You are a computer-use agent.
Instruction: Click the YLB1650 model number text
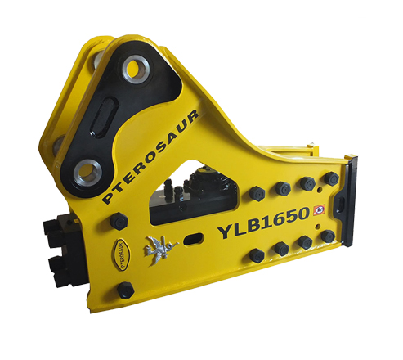pos(263,224)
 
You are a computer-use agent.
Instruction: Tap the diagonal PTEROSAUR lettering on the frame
pos(150,156)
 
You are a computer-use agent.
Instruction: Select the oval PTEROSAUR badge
pos(121,254)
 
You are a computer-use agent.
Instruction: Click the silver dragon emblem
pos(159,250)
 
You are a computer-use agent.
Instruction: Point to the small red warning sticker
pos(319,209)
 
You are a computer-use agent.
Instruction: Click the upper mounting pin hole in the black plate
pos(136,68)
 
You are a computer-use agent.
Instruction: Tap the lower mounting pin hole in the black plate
pos(87,173)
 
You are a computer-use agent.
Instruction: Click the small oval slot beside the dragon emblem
pos(193,239)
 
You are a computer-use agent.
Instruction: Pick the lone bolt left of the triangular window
pos(119,221)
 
